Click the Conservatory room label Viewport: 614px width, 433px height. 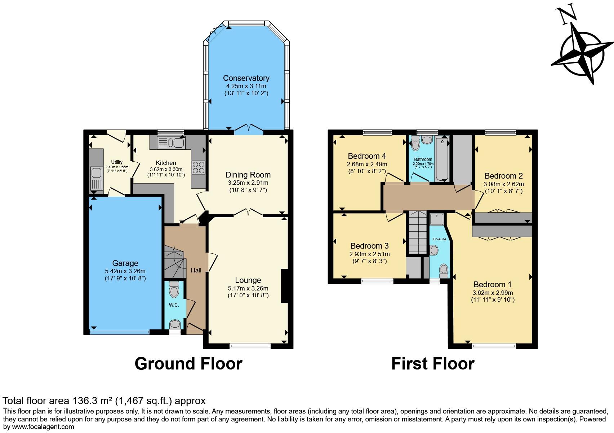pos(246,78)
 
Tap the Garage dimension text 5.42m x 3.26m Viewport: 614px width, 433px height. pos(125,271)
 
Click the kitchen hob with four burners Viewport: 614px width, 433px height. pos(199,167)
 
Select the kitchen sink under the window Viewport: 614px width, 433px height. pos(171,143)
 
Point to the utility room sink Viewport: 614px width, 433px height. pos(96,179)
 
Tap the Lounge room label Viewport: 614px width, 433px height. pos(248,280)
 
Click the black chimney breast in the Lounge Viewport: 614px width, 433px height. pos(285,286)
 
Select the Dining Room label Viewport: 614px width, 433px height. pos(248,175)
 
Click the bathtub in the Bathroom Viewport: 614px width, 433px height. pos(442,159)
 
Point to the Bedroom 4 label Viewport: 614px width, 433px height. pos(367,156)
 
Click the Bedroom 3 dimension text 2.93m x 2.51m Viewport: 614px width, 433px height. pos(369,254)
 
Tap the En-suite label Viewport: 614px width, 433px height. pos(439,239)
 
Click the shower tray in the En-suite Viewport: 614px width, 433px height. pos(437,219)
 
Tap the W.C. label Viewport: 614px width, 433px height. pos(174,305)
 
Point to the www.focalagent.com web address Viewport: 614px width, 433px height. pos(43,427)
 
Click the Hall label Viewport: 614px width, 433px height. pos(196,271)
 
